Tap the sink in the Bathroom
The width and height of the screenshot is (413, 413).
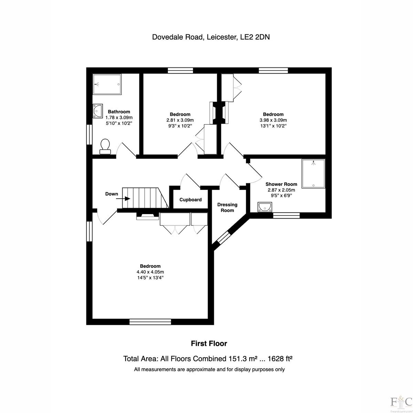[97, 111]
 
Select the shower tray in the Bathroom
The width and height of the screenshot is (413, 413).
[107, 84]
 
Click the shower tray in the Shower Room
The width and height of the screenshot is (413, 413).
[313, 173]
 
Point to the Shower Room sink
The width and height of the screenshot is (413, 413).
[265, 207]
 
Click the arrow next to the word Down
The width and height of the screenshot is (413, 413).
[123, 199]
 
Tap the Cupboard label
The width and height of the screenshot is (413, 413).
[191, 200]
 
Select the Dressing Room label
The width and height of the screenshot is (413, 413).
[227, 208]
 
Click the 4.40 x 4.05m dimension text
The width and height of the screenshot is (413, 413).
[150, 272]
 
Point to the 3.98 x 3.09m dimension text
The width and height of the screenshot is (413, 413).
[273, 120]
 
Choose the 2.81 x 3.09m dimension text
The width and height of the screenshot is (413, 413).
[180, 120]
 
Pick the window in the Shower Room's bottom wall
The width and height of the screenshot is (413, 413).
[286, 215]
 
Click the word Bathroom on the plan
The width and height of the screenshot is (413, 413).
[119, 112]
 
